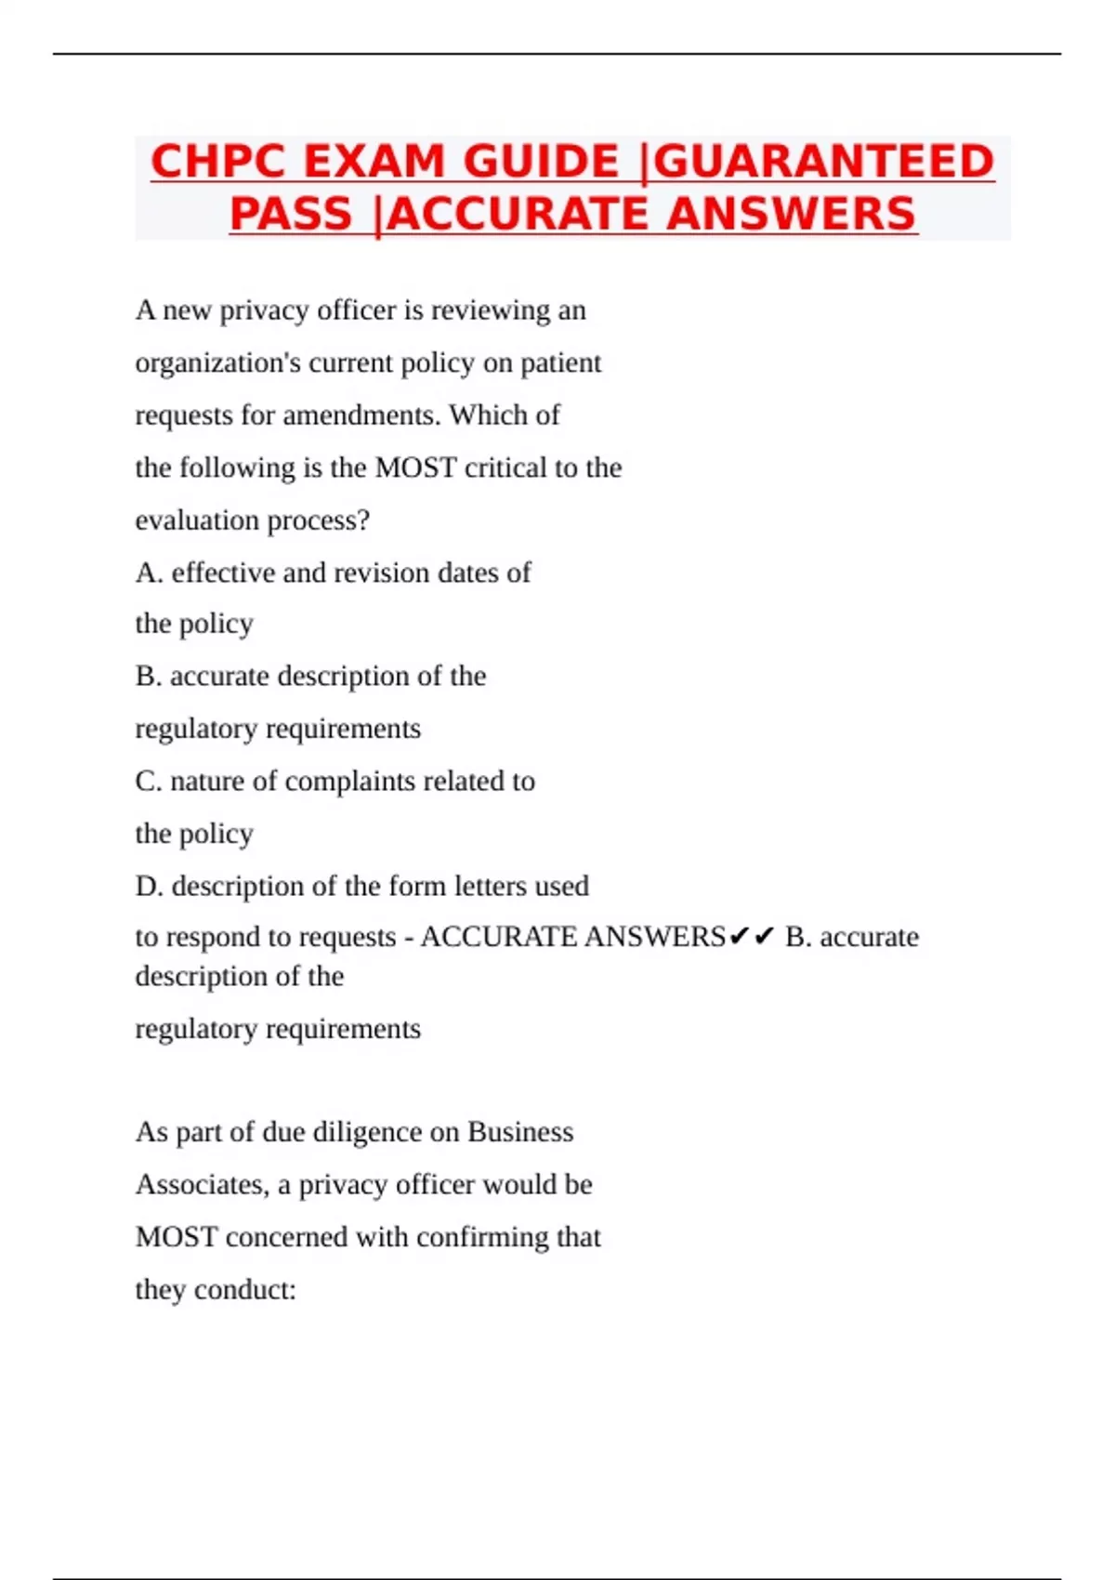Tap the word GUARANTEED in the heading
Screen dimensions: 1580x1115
pos(823,162)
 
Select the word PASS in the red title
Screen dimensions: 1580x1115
pos(291,214)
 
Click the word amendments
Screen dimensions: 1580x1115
pos(361,415)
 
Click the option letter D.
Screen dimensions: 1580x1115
pos(148,886)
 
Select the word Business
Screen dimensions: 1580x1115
pos(520,1132)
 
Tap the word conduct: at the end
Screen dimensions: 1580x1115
pos(245,1290)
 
